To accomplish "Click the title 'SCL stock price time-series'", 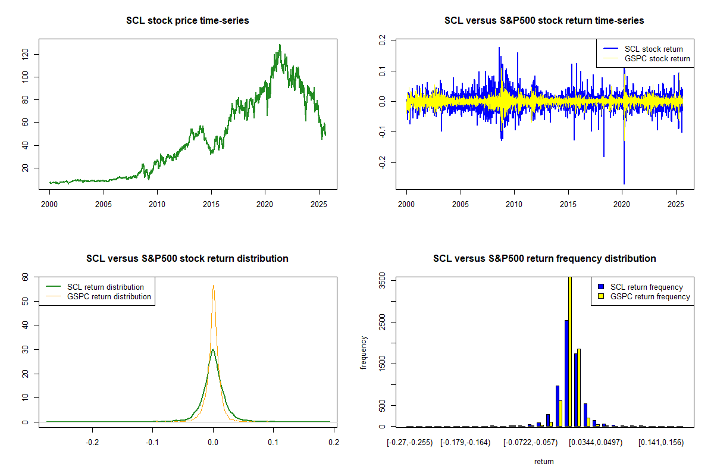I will tap(187, 21).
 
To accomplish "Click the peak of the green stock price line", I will tap(280, 45).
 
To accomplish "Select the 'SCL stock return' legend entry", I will tap(653, 49).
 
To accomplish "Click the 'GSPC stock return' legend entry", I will tap(657, 58).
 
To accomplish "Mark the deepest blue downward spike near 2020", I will tap(624, 183).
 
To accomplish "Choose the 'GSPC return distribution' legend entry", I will tap(109, 296).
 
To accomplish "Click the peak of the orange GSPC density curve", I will tap(213, 286).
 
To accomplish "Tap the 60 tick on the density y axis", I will tap(25, 277).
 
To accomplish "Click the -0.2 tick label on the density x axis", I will tap(92, 443).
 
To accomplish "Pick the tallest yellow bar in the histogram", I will tap(570, 351).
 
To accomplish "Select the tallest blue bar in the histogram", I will tap(566, 373).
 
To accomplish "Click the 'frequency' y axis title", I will tap(364, 352).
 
